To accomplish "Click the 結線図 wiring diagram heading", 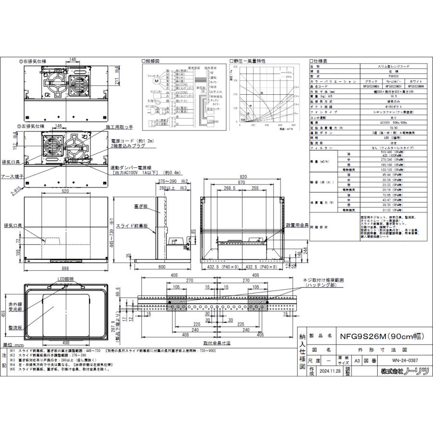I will tap(151, 61).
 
